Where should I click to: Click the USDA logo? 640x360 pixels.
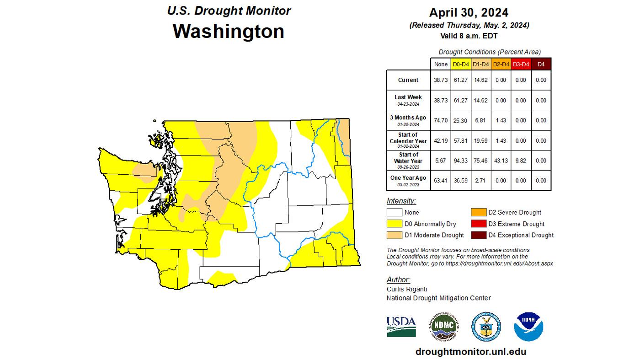[x=401, y=327]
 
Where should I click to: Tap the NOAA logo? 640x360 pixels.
[x=528, y=327]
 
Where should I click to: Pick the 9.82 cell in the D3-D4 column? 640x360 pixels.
[x=520, y=161]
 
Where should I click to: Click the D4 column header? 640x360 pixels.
[x=541, y=64]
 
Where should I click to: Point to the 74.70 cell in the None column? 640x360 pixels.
[x=441, y=120]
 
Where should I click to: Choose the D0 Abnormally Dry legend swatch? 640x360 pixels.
[x=394, y=224]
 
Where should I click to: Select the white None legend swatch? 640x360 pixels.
[x=394, y=212]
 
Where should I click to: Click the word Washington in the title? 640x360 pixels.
[x=229, y=31]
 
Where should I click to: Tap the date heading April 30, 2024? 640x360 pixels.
[x=469, y=12]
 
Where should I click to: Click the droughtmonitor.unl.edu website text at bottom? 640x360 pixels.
[x=470, y=352]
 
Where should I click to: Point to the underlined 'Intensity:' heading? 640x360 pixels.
[x=401, y=201]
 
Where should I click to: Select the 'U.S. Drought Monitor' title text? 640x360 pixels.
[x=229, y=11]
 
